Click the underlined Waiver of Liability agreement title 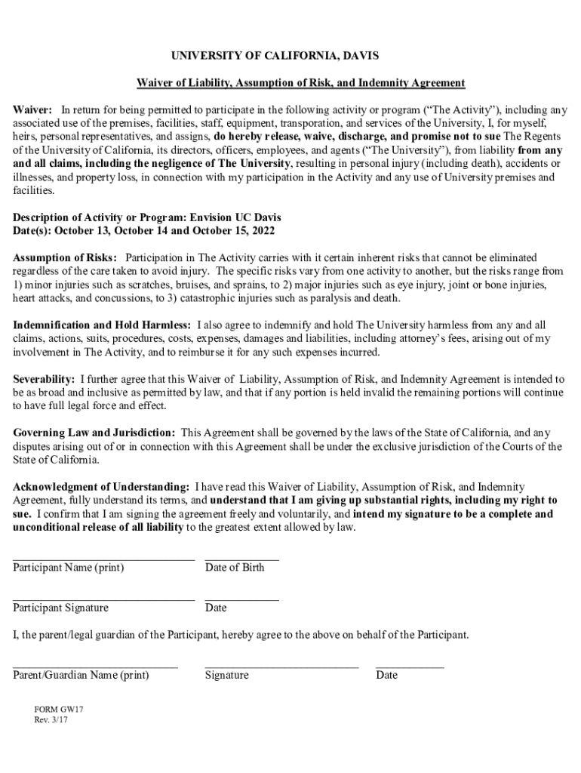(x=300, y=82)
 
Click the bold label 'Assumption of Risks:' (x=66, y=257)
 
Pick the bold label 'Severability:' (x=44, y=379)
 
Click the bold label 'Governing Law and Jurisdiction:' (x=94, y=433)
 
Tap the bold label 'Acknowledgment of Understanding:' (x=101, y=487)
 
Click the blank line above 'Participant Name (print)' (x=103, y=559)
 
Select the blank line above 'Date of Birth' (x=241, y=559)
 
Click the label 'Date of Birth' (x=235, y=568)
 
